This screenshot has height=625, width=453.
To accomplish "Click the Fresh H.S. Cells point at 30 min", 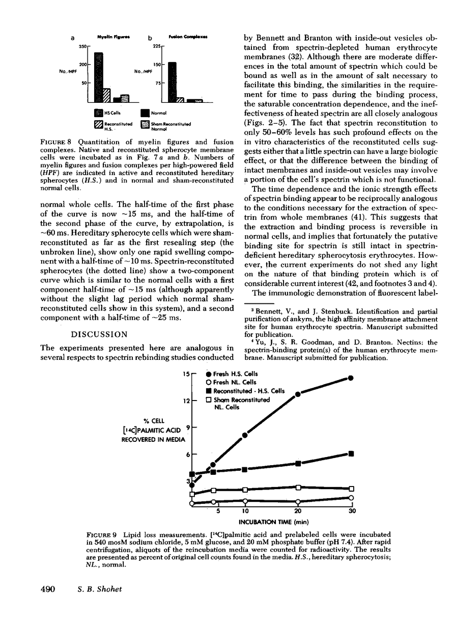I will click(351, 378).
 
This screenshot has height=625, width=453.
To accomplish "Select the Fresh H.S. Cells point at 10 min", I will click(245, 435).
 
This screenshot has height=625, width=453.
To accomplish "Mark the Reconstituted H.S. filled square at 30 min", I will click(351, 453).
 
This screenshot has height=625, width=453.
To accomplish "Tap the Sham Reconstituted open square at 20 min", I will click(298, 488).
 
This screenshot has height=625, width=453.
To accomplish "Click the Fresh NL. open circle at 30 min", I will click(351, 498).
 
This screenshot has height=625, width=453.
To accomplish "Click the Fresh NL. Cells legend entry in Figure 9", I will click(231, 382).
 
